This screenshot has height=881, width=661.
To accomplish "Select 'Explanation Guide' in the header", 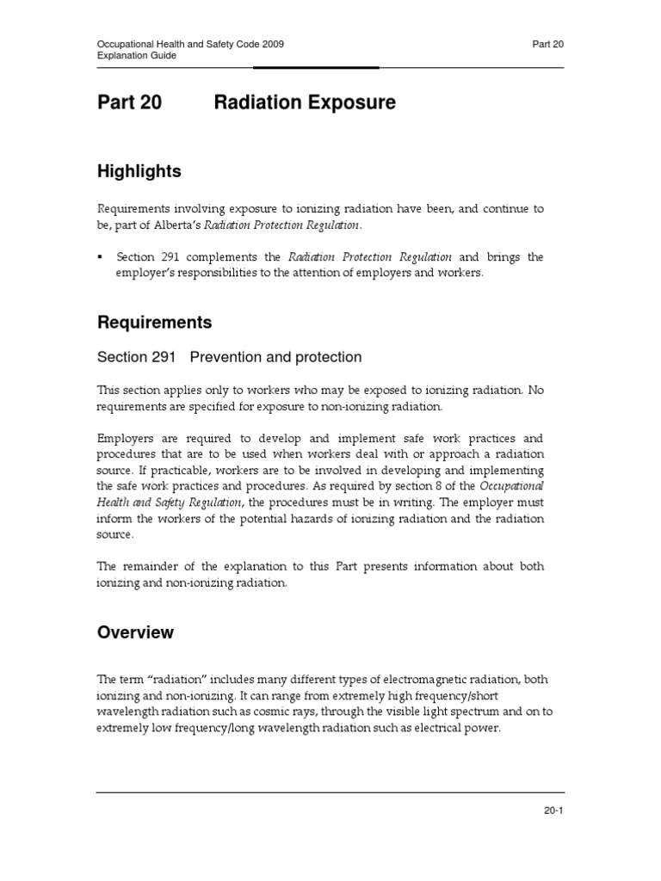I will tap(136, 55).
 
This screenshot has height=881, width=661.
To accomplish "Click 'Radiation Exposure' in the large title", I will tap(305, 103).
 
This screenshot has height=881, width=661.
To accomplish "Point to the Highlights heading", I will tap(139, 171).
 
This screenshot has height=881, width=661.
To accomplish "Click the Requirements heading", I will tap(154, 323).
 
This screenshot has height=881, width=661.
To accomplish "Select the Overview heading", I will tap(134, 632).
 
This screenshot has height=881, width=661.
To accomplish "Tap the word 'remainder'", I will tap(152, 566).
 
